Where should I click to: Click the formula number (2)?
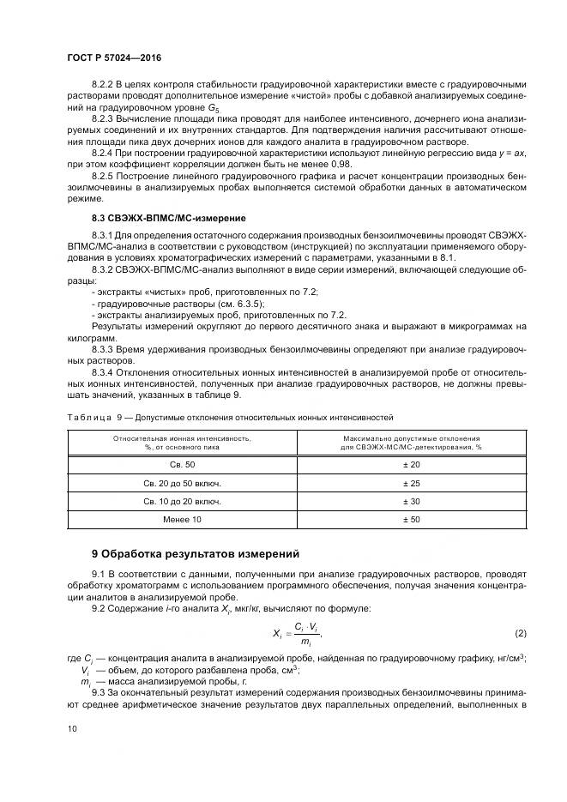[x=520, y=633]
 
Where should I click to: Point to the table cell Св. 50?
[x=182, y=464]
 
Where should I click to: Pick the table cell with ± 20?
[x=411, y=464]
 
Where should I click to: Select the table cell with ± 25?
[x=411, y=483]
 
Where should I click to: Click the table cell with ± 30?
[x=411, y=502]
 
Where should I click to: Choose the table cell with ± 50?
[x=411, y=521]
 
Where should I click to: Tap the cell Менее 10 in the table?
[x=182, y=521]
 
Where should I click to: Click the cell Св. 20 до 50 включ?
[x=182, y=483]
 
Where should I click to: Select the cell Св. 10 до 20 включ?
[x=182, y=502]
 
